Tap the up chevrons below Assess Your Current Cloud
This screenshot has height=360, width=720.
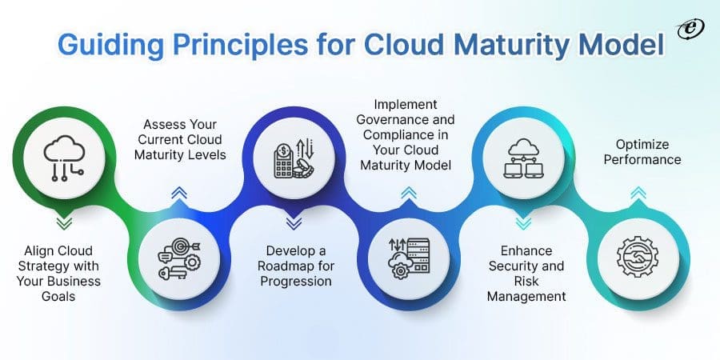(x=178, y=191)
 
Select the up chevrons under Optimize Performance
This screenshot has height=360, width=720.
(x=638, y=193)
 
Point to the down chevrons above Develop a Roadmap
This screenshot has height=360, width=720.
(x=293, y=222)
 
